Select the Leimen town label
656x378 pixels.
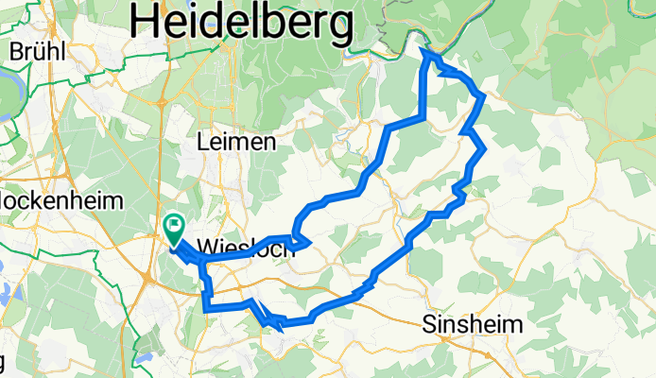coord(236,142)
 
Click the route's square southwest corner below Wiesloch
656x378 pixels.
coord(206,305)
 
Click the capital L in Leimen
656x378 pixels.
coord(202,142)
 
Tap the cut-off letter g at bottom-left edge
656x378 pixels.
coord(3,361)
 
